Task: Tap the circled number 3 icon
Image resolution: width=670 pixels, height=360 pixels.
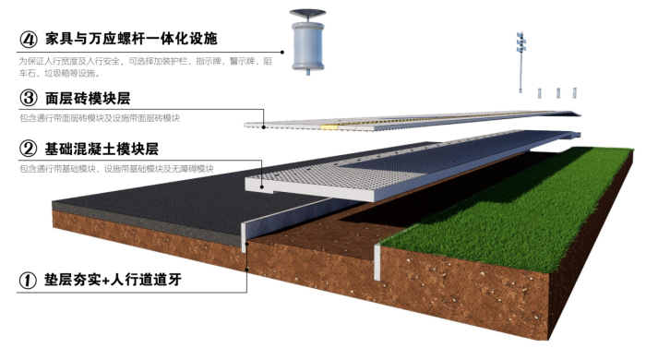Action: [x=29, y=98]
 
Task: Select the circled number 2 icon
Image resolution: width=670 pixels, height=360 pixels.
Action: [x=29, y=149]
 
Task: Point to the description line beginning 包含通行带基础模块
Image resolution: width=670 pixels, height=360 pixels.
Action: [x=116, y=169]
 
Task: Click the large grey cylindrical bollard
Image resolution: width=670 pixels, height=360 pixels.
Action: [x=307, y=46]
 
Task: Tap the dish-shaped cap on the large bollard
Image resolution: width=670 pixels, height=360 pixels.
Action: [x=307, y=16]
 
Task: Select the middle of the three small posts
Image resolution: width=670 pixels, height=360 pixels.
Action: [x=556, y=92]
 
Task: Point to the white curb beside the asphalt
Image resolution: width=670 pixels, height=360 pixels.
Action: [x=243, y=235]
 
